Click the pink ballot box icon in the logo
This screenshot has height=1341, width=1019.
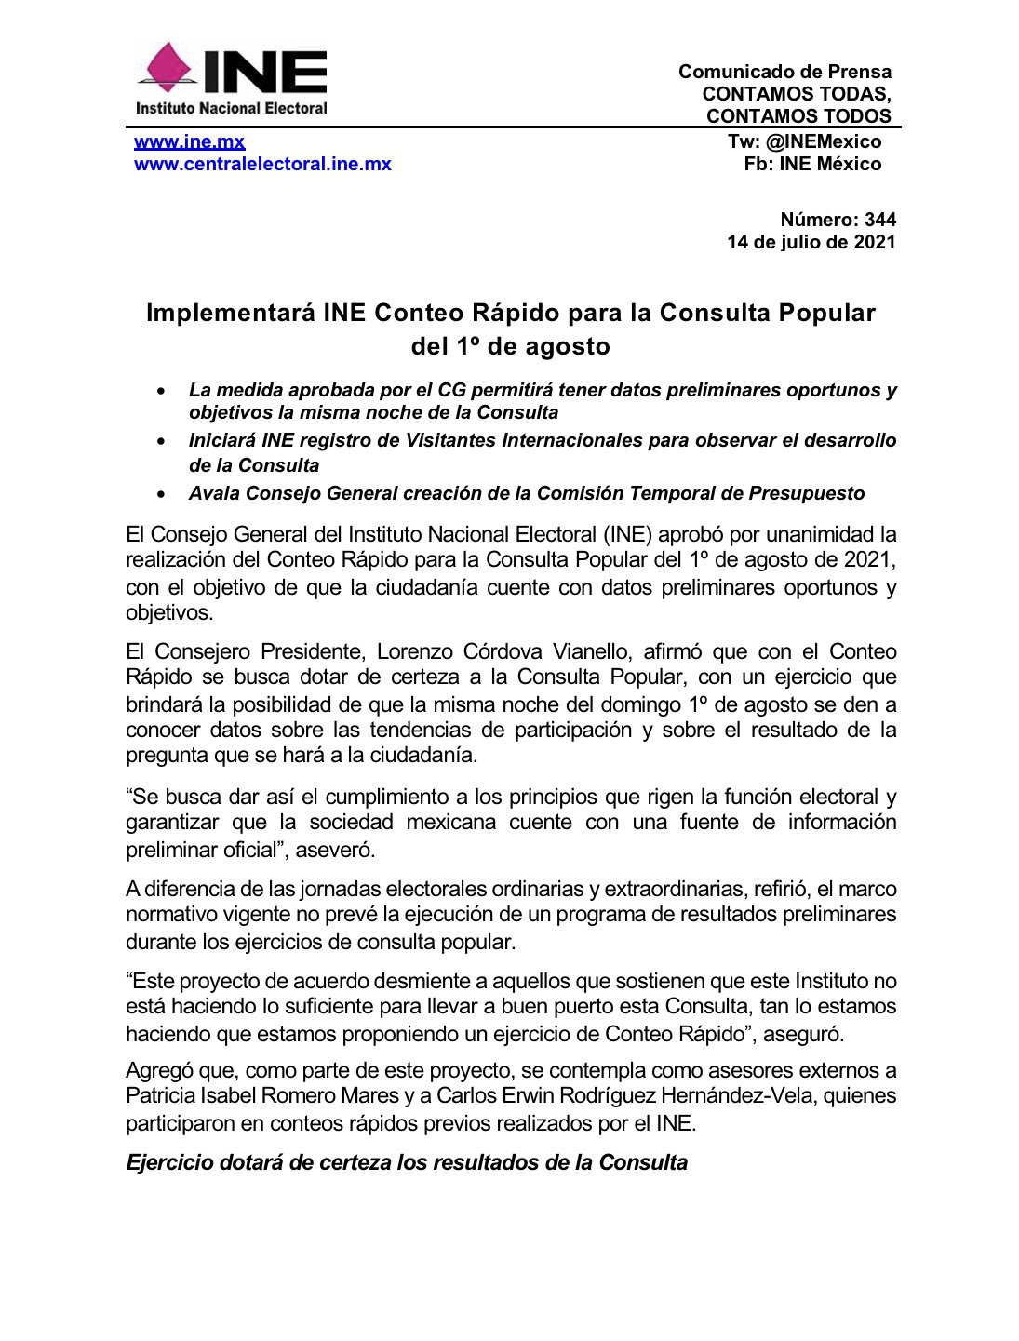pyautogui.click(x=165, y=69)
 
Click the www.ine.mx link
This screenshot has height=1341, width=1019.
pyautogui.click(x=189, y=141)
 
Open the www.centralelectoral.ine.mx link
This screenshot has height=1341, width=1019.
pyautogui.click(x=262, y=164)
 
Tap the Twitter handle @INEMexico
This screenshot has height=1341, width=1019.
pyautogui.click(x=823, y=141)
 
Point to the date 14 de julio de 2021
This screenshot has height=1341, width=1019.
pyautogui.click(x=811, y=242)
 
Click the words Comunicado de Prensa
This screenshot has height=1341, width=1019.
pyautogui.click(x=784, y=72)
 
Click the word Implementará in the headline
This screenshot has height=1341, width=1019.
pyautogui.click(x=231, y=313)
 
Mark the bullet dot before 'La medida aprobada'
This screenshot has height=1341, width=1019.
pyautogui.click(x=162, y=391)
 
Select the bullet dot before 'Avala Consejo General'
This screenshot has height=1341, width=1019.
pyautogui.click(x=162, y=494)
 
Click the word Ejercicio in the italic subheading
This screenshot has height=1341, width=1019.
pyautogui.click(x=170, y=1162)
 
